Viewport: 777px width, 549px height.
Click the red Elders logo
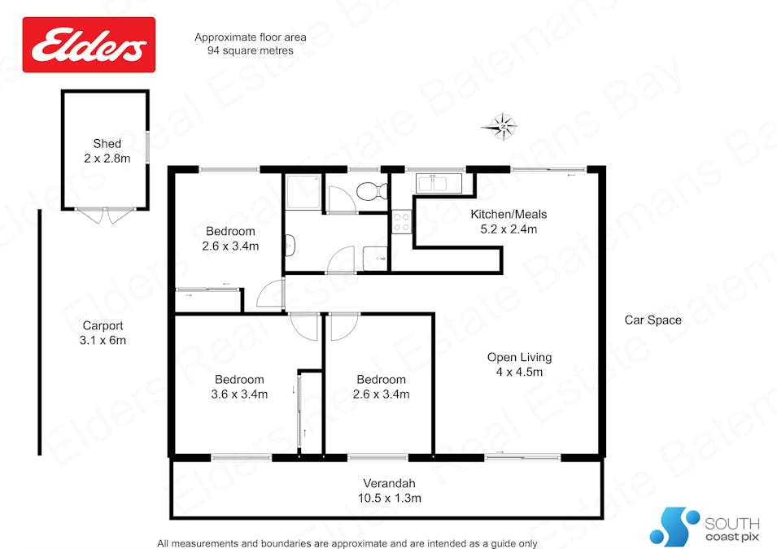pos(89,45)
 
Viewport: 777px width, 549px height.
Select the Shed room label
pos(107,144)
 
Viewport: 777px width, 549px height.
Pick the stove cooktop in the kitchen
pos(402,222)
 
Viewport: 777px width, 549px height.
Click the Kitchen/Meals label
pos(509,215)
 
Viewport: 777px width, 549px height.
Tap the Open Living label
pos(519,357)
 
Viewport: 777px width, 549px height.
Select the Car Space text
pos(653,320)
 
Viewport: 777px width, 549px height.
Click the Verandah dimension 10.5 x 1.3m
pos(386,498)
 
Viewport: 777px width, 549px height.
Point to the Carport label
pos(103,326)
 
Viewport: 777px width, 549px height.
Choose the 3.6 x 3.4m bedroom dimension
pos(239,394)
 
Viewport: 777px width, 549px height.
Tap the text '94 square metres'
pos(251,50)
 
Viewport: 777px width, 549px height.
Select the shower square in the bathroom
pos(302,192)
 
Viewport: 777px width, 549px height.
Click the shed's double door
pos(107,215)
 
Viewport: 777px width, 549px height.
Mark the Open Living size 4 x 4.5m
pos(519,372)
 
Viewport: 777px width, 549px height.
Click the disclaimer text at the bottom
pos(347,542)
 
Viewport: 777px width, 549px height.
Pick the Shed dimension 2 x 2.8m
pos(107,159)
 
